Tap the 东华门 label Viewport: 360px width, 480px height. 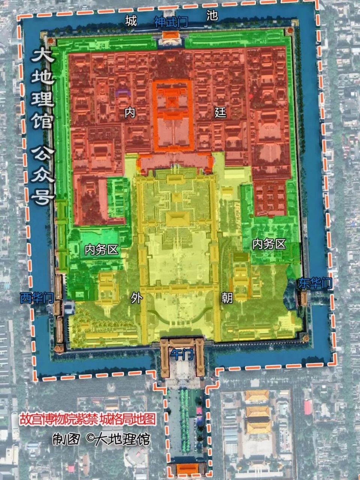[315, 283]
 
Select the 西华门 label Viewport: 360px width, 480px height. [36, 298]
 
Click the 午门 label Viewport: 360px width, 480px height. [182, 354]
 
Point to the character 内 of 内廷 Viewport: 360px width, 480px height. [130, 112]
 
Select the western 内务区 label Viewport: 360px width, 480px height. [102, 250]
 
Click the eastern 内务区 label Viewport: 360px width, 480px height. [269, 244]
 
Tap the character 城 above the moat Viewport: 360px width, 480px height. [131, 21]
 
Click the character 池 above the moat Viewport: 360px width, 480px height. [212, 15]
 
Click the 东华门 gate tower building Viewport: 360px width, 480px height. [303, 297]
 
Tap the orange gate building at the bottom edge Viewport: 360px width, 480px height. [187, 469]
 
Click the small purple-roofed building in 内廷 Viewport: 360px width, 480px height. [121, 91]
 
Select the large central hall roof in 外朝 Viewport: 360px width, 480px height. [178, 218]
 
